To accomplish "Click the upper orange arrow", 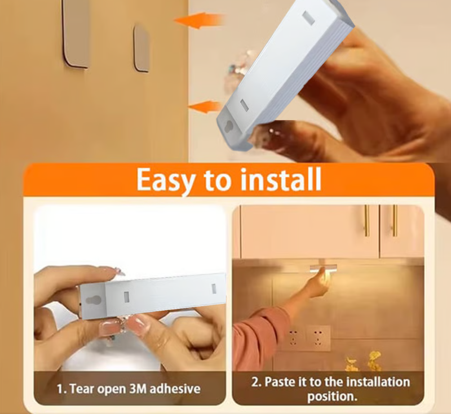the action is [x=199, y=21].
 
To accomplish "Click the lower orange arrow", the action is [x=205, y=107].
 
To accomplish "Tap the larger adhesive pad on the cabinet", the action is [x=76, y=33].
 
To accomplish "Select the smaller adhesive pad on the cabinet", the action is [x=142, y=48].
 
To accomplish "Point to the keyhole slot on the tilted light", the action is [x=229, y=126].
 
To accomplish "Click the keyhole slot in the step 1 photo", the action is [x=93, y=300].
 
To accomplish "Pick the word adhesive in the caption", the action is [x=175, y=389].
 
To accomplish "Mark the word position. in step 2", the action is [x=332, y=397].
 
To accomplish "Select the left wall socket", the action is [x=293, y=337].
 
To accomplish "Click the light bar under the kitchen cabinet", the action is [x=323, y=268].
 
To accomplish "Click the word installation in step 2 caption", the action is [x=378, y=382].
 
